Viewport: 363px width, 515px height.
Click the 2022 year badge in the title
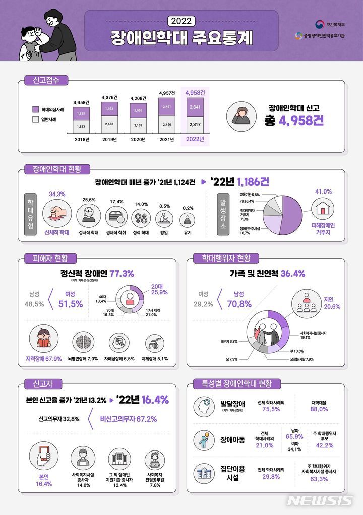[x=181, y=21]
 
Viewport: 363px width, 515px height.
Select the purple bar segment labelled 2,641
[x=195, y=107]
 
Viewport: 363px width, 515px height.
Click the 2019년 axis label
[x=110, y=140]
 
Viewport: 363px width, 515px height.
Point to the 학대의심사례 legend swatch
[x=35, y=109]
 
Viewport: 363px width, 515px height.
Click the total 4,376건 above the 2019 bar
[x=110, y=97]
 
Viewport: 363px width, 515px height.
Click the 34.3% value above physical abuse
[x=57, y=194]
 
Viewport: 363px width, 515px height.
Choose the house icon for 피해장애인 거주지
[x=323, y=208]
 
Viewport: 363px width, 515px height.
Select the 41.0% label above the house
[x=323, y=191]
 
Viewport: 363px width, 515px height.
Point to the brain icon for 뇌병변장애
[x=82, y=343]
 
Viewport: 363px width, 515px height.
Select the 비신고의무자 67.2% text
[x=128, y=419]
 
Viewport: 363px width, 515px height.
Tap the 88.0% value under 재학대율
[x=319, y=409]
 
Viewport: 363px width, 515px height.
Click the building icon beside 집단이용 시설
[x=205, y=473]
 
